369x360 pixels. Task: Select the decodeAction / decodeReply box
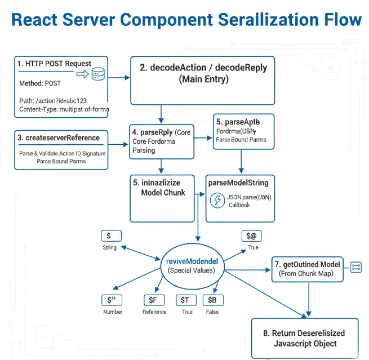point(203,80)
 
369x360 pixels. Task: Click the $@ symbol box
point(251,236)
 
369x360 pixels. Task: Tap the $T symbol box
point(184,300)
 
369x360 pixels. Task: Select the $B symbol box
point(212,300)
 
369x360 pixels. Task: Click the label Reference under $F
point(154,312)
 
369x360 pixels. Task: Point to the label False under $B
point(212,312)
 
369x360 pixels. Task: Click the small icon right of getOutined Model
point(355,267)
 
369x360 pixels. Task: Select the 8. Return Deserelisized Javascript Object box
point(304,338)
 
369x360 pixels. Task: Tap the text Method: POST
point(41,83)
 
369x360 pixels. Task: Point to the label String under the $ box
point(110,247)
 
